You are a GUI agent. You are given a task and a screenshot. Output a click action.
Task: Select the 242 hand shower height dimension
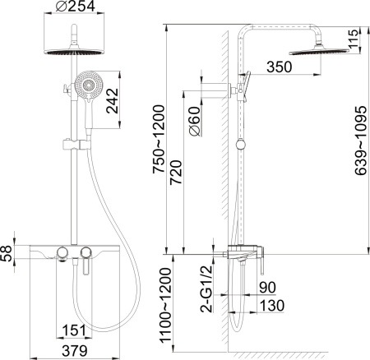pyautogui.click(x=124, y=103)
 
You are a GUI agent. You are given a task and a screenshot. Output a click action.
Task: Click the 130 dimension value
pyautogui.click(x=268, y=306)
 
